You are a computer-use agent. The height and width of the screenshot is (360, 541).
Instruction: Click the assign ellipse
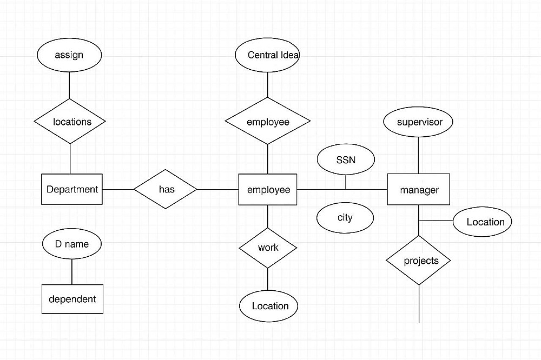coord(69,55)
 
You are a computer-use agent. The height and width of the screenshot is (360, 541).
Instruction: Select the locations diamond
coord(70,121)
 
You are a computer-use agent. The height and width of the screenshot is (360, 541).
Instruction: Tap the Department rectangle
coord(72,189)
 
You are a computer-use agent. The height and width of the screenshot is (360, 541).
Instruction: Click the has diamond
coord(166,189)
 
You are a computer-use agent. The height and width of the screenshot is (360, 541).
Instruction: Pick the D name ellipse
coord(72,244)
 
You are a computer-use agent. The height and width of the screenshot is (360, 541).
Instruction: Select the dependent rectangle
coord(72,299)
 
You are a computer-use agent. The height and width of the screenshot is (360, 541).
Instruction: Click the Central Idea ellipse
coord(268,55)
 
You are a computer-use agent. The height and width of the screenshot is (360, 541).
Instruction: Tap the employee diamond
coord(268,121)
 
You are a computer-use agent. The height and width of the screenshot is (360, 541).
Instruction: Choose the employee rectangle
coord(268,189)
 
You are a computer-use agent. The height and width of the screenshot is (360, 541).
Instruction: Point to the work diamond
coord(268,248)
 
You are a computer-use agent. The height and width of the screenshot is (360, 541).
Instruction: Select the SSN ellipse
coord(346,160)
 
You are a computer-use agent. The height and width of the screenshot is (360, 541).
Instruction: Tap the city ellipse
coord(345,218)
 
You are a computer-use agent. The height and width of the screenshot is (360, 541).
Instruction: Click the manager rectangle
coord(419,189)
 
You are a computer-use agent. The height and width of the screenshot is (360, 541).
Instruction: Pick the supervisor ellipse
coord(418,122)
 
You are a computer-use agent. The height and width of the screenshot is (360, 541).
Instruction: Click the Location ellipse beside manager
coord(483,222)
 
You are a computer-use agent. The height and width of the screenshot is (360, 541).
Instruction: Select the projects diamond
coord(419,261)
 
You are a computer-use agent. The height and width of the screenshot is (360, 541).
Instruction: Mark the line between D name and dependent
coord(72,271)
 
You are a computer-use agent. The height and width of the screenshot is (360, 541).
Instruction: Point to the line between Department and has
coord(118,189)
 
